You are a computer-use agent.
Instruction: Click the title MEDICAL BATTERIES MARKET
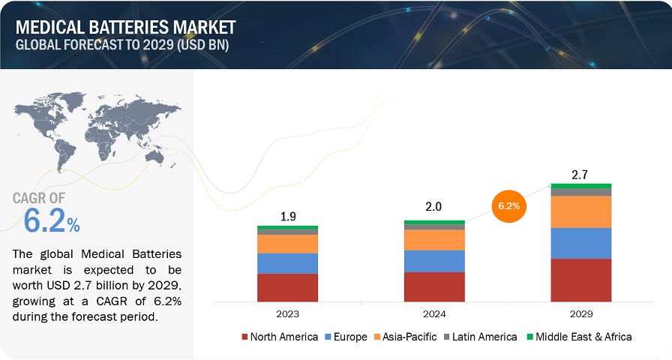(124, 28)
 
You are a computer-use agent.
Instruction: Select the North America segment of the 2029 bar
(580, 280)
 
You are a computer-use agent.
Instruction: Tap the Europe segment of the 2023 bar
(287, 263)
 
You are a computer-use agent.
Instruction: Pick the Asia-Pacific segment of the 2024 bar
(434, 239)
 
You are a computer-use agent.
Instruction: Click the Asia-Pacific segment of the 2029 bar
(580, 211)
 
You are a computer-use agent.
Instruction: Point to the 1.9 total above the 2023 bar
(287, 216)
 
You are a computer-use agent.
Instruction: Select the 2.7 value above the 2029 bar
(580, 174)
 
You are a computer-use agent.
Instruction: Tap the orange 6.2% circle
(509, 203)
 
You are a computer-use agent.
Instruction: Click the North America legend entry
(280, 337)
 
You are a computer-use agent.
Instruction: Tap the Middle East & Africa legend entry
(581, 337)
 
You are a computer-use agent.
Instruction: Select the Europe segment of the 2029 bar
(580, 243)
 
